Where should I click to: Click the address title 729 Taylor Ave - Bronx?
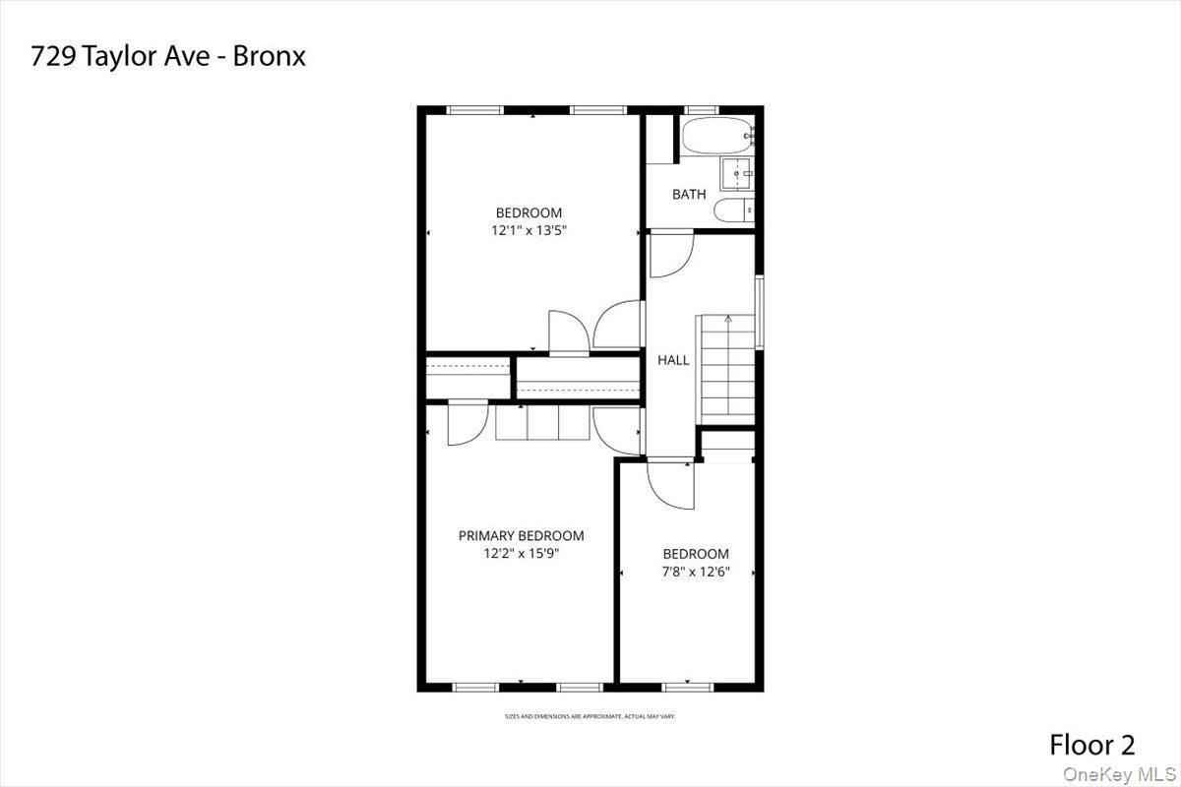click(x=168, y=56)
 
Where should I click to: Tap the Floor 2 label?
click(x=1091, y=745)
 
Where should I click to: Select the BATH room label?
click(x=689, y=194)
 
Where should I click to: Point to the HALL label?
click(x=673, y=360)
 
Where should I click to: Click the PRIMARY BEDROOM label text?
click(x=521, y=535)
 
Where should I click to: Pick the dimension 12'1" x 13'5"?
click(x=528, y=230)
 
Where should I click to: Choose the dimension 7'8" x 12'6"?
click(x=695, y=571)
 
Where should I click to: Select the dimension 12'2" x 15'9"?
click(x=521, y=553)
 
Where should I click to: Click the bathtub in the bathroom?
click(x=715, y=137)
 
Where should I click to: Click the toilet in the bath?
click(x=733, y=210)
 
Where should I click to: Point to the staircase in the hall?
click(x=725, y=366)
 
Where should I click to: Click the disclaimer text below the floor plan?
click(x=590, y=716)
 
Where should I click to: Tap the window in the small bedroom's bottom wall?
click(x=687, y=686)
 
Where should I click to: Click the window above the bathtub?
click(x=700, y=110)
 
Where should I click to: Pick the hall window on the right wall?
click(x=759, y=310)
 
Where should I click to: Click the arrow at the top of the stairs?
click(x=727, y=319)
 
